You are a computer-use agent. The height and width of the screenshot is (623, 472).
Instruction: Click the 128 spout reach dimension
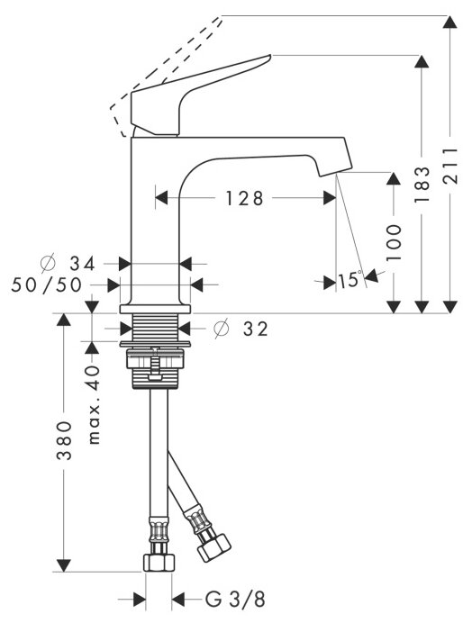point(244,198)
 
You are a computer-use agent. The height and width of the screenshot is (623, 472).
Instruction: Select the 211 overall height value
point(450,166)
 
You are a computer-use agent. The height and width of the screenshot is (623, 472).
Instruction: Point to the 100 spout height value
point(394,242)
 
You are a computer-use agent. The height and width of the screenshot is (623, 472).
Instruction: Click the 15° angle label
point(350,279)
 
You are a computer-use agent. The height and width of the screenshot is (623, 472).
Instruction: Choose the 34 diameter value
point(83,264)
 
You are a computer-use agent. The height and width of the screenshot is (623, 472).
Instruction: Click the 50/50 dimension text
point(47,284)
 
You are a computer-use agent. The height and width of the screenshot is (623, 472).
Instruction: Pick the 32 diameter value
point(256,329)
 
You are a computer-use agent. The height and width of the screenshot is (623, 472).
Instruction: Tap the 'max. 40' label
point(94,404)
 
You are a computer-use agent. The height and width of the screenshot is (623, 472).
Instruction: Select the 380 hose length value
point(64,440)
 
